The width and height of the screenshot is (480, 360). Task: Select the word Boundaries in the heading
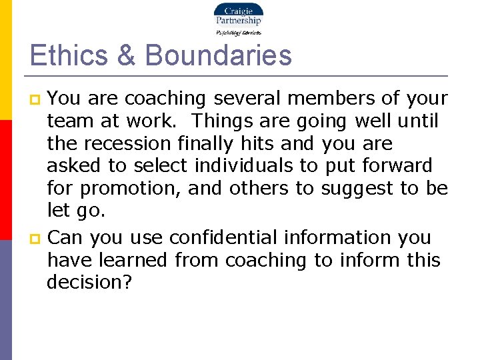pyautogui.click(x=218, y=55)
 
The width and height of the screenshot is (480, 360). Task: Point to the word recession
pyautogui.click(x=129, y=143)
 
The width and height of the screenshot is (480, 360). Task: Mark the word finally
pyautogui.click(x=209, y=143)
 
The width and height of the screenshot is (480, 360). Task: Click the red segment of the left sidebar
pyautogui.click(x=5, y=180)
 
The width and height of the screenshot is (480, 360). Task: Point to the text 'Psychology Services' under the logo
pyautogui.click(x=238, y=32)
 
